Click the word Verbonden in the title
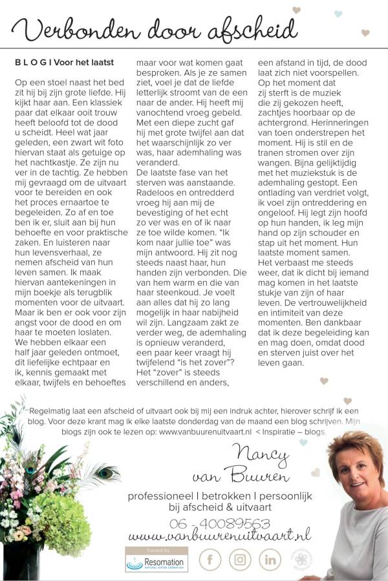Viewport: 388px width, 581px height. [72, 30]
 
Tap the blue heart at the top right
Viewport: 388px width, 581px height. [338, 14]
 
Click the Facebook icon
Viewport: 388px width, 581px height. [210, 559]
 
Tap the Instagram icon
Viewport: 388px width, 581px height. [240, 559]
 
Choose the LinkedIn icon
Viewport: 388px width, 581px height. [270, 559]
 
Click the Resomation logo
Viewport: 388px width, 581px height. [156, 560]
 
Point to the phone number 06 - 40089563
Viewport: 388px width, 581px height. [219, 523]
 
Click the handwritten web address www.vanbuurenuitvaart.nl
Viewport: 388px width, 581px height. [219, 536]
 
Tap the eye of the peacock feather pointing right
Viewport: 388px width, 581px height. [106, 472]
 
